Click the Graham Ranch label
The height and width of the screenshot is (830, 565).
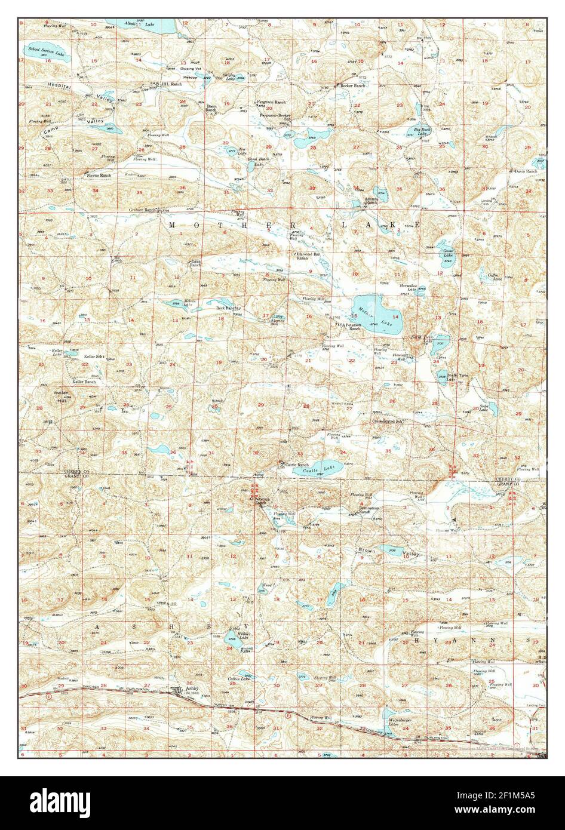pos(141,210)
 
